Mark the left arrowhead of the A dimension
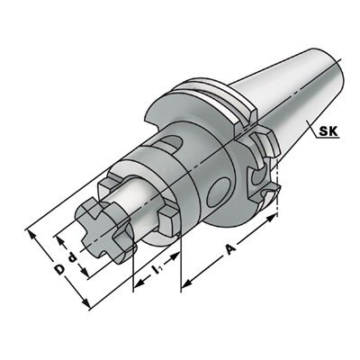point(186,286)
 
